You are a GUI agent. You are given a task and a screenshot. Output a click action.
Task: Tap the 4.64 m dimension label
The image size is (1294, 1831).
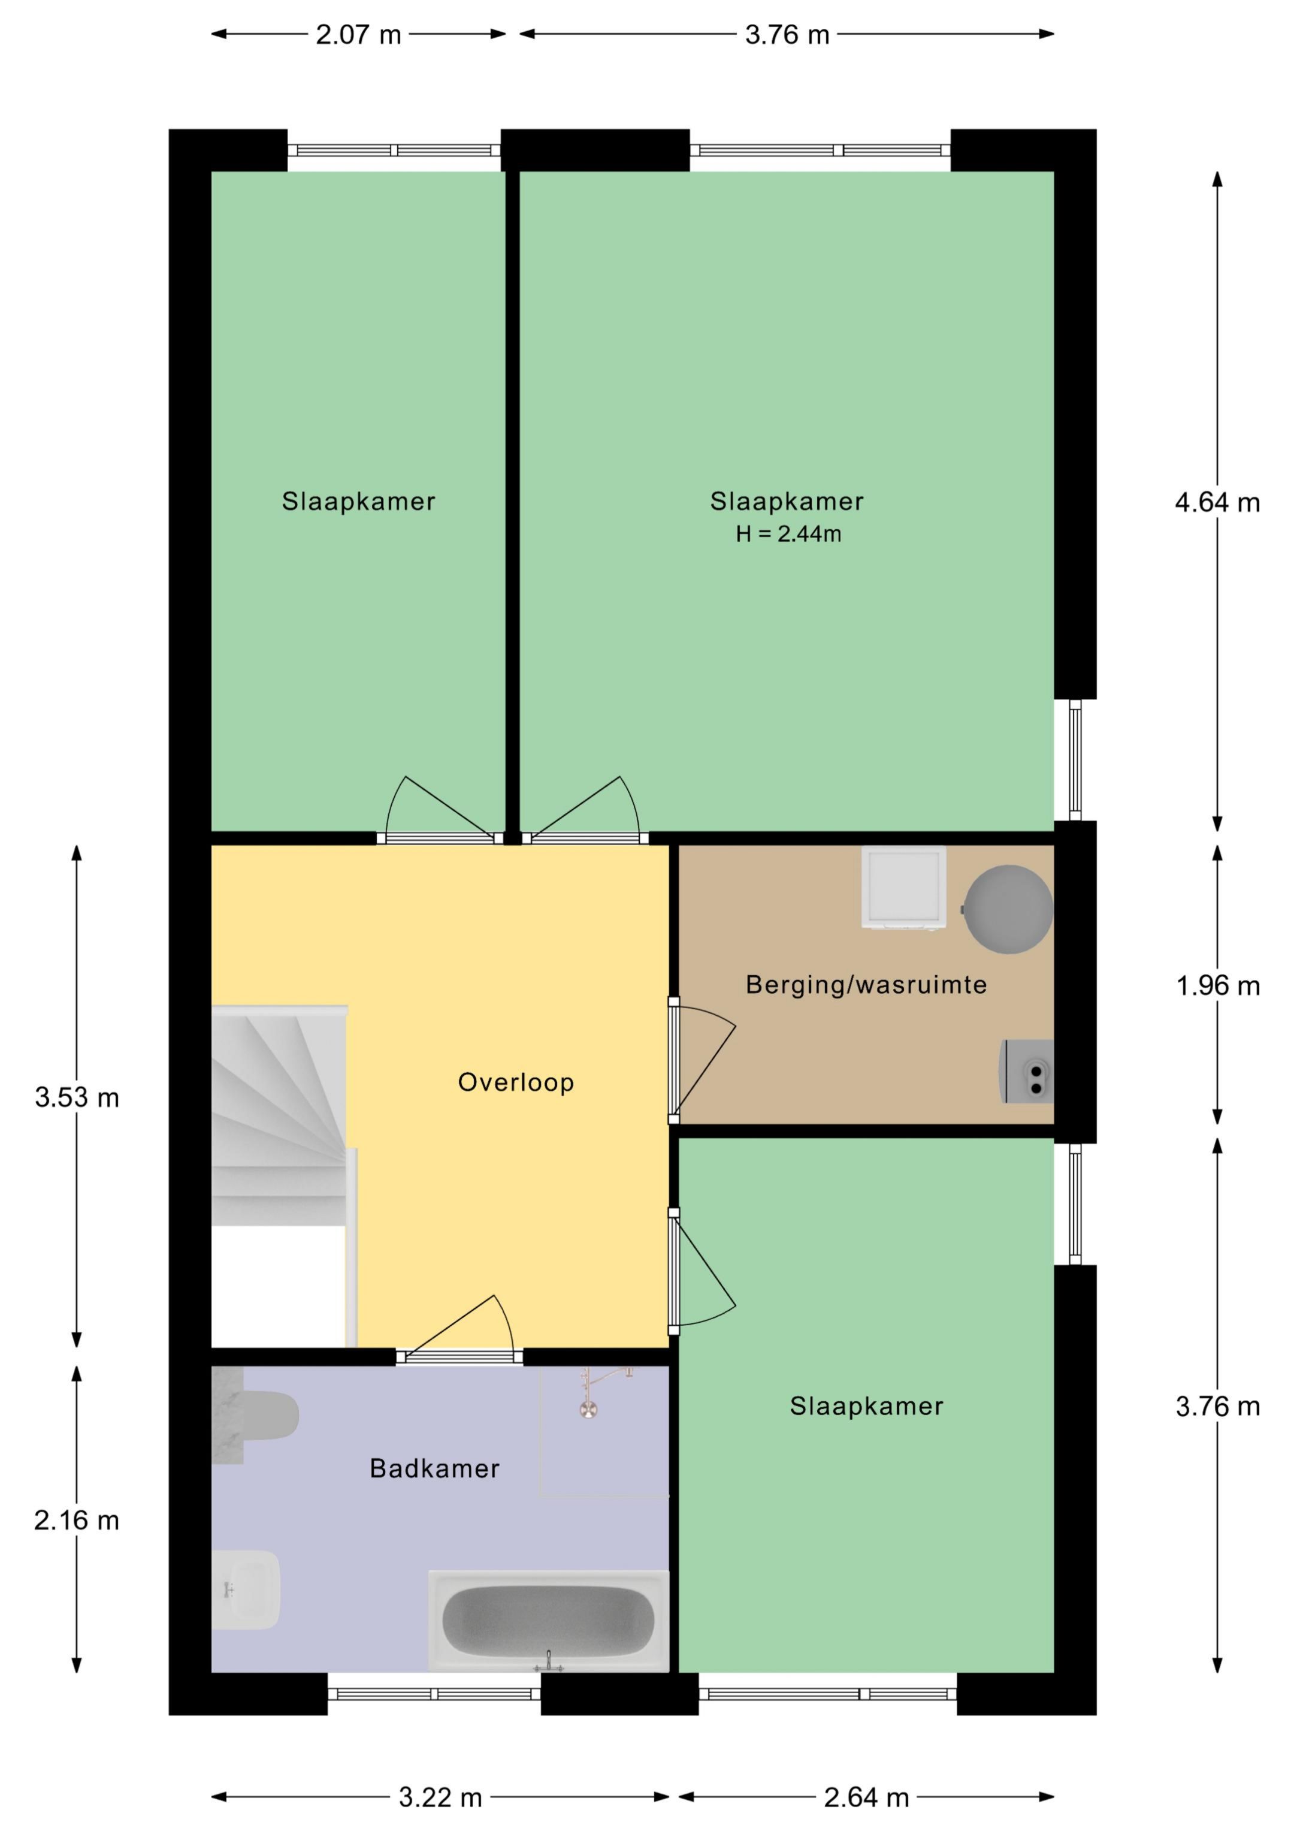pos(1217,502)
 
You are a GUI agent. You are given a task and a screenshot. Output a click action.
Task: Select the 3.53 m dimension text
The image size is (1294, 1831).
pos(77,1097)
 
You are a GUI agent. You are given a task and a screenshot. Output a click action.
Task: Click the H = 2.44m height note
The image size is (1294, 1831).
pos(788,534)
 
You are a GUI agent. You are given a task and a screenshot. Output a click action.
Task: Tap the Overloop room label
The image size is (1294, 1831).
pos(516,1082)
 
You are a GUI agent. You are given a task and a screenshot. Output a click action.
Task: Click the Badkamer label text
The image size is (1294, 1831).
pos(434,1468)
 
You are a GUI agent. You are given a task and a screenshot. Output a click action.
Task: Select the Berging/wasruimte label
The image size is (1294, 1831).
pos(866,985)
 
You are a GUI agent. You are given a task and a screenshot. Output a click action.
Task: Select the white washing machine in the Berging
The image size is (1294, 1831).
pos(903,888)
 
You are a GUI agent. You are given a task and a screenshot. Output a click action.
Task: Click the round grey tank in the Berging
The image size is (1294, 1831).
pos(1008,909)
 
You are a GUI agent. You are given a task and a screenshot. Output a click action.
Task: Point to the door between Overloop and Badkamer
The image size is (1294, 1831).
pos(460,1356)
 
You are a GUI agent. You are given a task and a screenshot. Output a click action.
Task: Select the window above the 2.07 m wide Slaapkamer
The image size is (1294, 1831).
pos(394,150)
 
